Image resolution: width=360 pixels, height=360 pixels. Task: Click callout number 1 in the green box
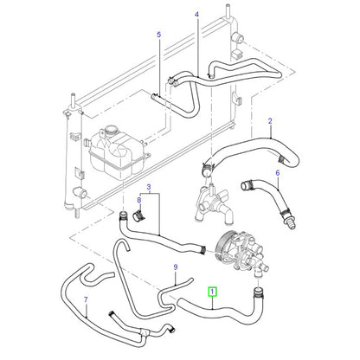(212, 292)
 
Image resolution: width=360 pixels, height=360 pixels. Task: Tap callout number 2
(270, 121)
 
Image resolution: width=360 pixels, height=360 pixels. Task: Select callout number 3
(149, 187)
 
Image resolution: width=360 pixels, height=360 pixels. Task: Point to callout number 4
(196, 14)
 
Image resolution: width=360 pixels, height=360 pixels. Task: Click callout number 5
(159, 35)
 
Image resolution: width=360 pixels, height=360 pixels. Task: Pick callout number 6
(278, 173)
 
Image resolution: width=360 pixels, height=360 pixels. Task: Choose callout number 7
(86, 299)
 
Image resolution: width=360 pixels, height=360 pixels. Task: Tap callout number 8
(139, 200)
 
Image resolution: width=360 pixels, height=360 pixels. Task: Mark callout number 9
(176, 267)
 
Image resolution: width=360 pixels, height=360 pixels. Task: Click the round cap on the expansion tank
(110, 130)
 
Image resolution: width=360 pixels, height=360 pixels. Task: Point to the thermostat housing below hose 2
(214, 201)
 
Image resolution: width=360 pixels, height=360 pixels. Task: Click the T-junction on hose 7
(145, 335)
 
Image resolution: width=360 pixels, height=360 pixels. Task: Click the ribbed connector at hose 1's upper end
(259, 292)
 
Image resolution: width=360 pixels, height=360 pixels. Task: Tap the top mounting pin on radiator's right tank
(228, 10)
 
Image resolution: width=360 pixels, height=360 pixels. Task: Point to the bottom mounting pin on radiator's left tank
(77, 214)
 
